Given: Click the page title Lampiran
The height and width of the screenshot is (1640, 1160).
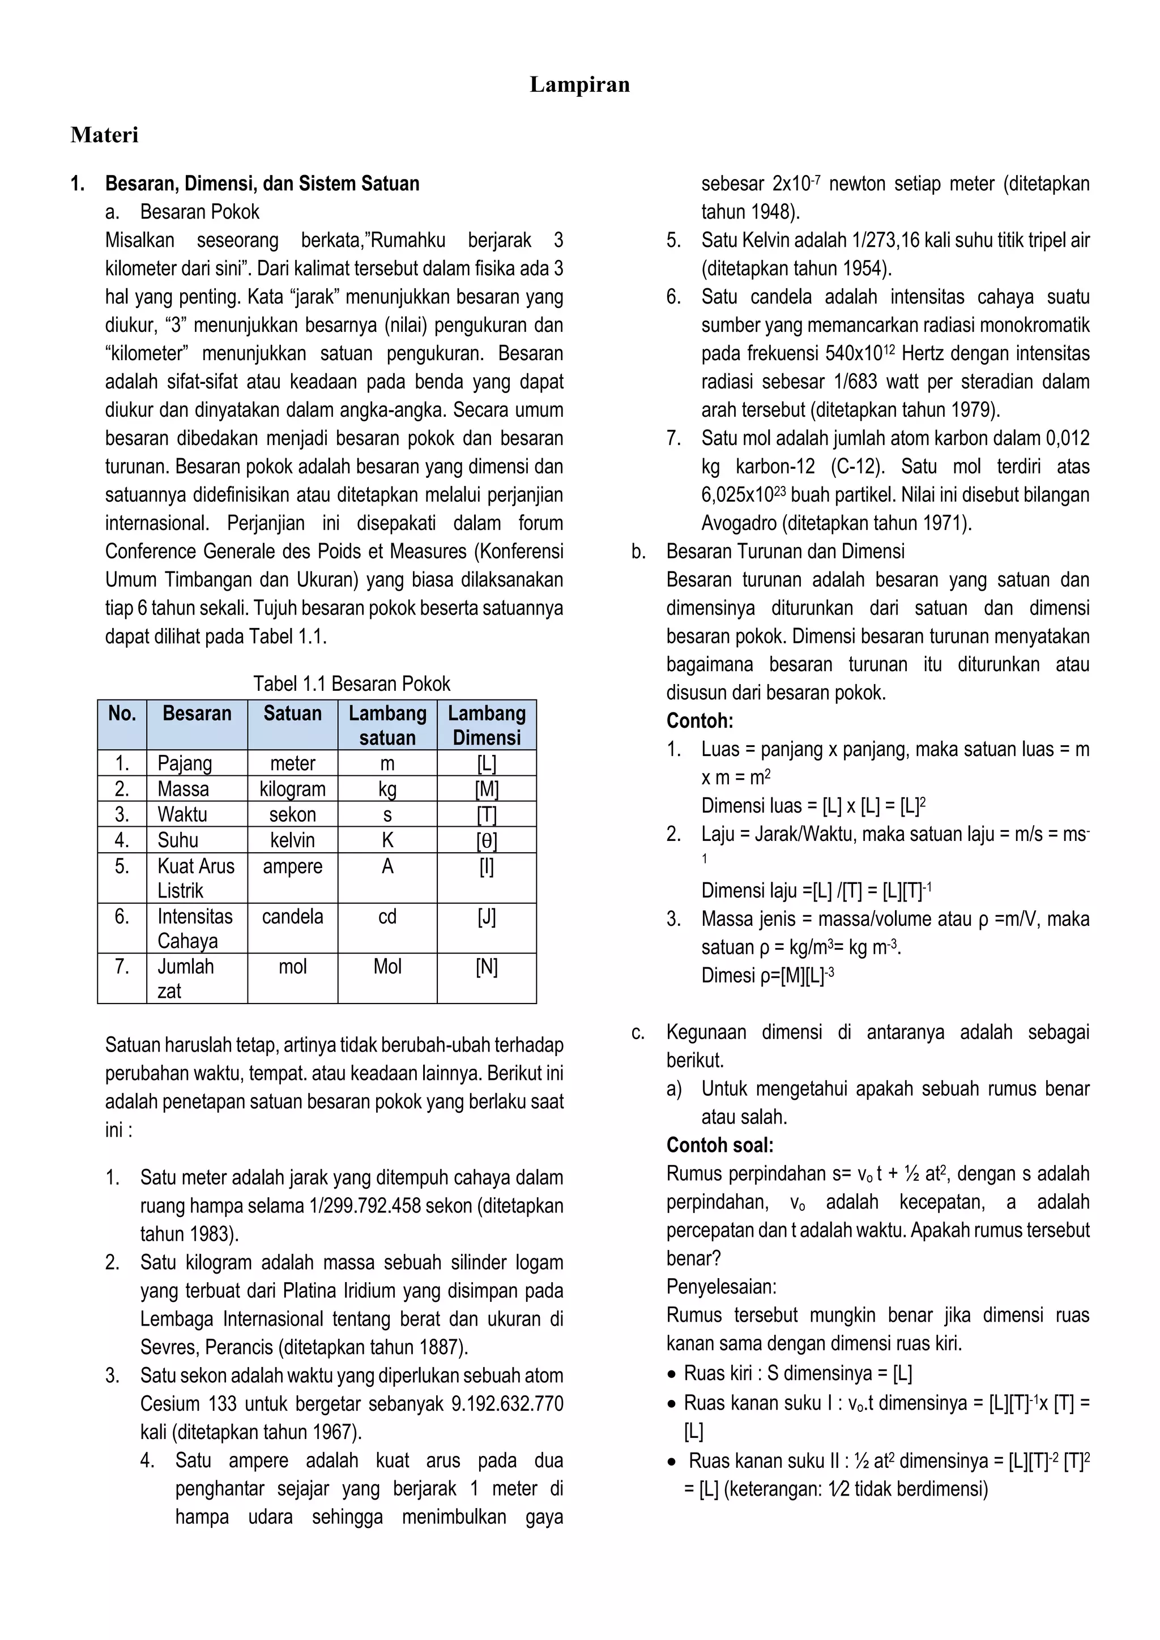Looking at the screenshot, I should coord(579,85).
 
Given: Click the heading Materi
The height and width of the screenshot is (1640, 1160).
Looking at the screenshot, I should coord(104,135).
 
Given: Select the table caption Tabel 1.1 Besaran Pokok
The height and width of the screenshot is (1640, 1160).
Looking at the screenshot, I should coord(351,684).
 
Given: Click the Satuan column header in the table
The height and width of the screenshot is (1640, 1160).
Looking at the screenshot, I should coord(292,714).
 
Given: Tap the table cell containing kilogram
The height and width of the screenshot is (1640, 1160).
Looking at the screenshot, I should coord(292,789).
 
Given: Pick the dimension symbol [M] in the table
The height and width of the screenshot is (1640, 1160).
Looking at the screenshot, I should coord(487,789).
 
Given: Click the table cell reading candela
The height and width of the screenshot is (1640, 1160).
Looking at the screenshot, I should coord(292,916).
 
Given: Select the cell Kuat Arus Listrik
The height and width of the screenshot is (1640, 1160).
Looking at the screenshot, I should coord(196,878).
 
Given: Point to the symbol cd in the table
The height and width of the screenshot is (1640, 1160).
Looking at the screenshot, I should coord(387,916).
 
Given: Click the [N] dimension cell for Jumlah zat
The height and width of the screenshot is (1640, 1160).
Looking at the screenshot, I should coord(487,967).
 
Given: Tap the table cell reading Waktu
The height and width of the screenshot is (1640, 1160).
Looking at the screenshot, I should coord(182,814).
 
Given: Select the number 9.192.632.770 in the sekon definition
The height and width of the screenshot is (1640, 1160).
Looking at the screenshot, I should coord(507,1404).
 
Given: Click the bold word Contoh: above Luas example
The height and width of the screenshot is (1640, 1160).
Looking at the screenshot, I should coord(700,721).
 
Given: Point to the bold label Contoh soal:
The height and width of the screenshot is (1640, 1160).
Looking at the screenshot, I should coord(719,1145).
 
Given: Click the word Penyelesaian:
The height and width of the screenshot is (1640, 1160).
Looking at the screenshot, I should coord(720,1287).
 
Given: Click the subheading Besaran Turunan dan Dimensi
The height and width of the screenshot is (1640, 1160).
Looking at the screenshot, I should coord(785,552).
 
